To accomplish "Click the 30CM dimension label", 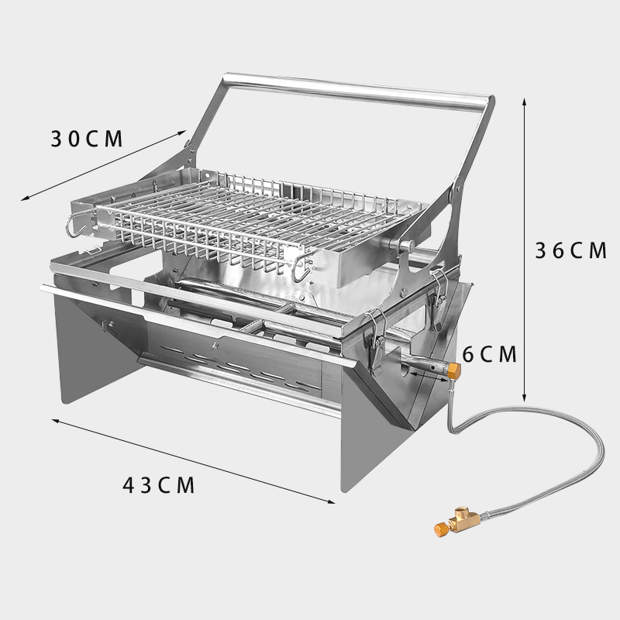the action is coord(87,139).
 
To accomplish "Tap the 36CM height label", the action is coord(570,250).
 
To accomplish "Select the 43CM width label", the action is coord(159,485).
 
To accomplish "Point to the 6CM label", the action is coord(490,354).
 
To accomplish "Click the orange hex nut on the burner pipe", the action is coord(454,371).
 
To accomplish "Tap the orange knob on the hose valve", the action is coord(440,529).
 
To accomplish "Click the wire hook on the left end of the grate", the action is coord(77,226).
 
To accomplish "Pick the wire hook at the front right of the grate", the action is coord(301,268).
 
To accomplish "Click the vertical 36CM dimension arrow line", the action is coord(525,250).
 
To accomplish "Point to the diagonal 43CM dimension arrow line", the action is coord(193,461).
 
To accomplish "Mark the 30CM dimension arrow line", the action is coord(103,165).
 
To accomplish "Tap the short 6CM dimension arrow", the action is coord(429,376).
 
